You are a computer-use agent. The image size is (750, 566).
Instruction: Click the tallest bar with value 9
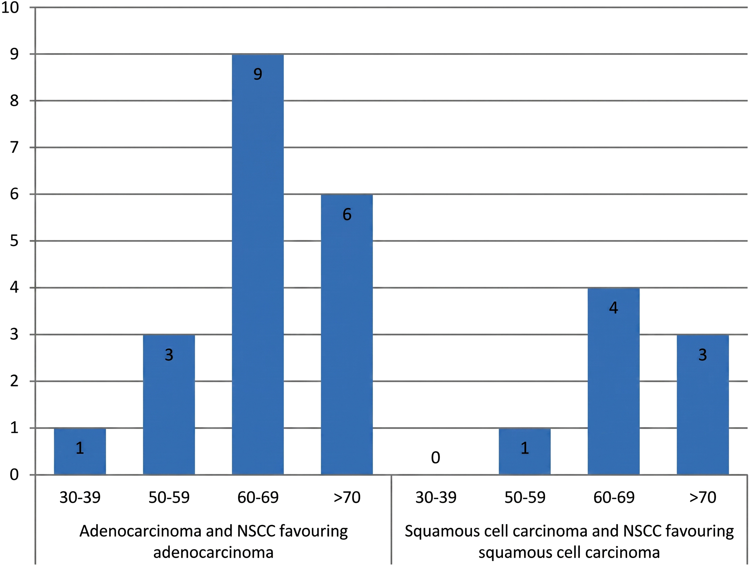(258, 264)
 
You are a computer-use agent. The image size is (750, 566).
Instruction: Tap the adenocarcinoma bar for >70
(347, 335)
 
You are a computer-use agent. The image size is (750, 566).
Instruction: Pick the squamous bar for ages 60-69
(614, 381)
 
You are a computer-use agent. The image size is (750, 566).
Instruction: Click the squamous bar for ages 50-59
(525, 451)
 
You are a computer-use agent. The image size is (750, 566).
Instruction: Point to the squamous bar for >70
(703, 405)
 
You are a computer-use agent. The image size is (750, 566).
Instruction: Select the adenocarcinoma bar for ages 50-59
(169, 405)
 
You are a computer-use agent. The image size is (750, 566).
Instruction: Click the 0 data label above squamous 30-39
(436, 458)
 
